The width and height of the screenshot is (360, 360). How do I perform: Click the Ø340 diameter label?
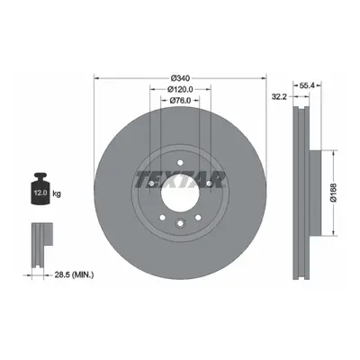point(180,78)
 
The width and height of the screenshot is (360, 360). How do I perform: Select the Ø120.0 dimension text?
point(180,89)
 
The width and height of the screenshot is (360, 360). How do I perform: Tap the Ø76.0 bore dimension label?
point(180,101)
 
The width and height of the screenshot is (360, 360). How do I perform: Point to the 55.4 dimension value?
point(307,85)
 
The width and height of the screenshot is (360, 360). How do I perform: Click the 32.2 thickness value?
point(280,96)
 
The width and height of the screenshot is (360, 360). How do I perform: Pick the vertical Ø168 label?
point(334,193)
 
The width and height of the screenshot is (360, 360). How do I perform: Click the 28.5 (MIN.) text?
point(74,274)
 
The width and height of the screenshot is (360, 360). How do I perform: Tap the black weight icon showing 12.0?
point(40,189)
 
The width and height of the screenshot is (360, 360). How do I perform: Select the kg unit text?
point(57,193)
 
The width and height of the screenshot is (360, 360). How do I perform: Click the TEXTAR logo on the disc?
point(180,179)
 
